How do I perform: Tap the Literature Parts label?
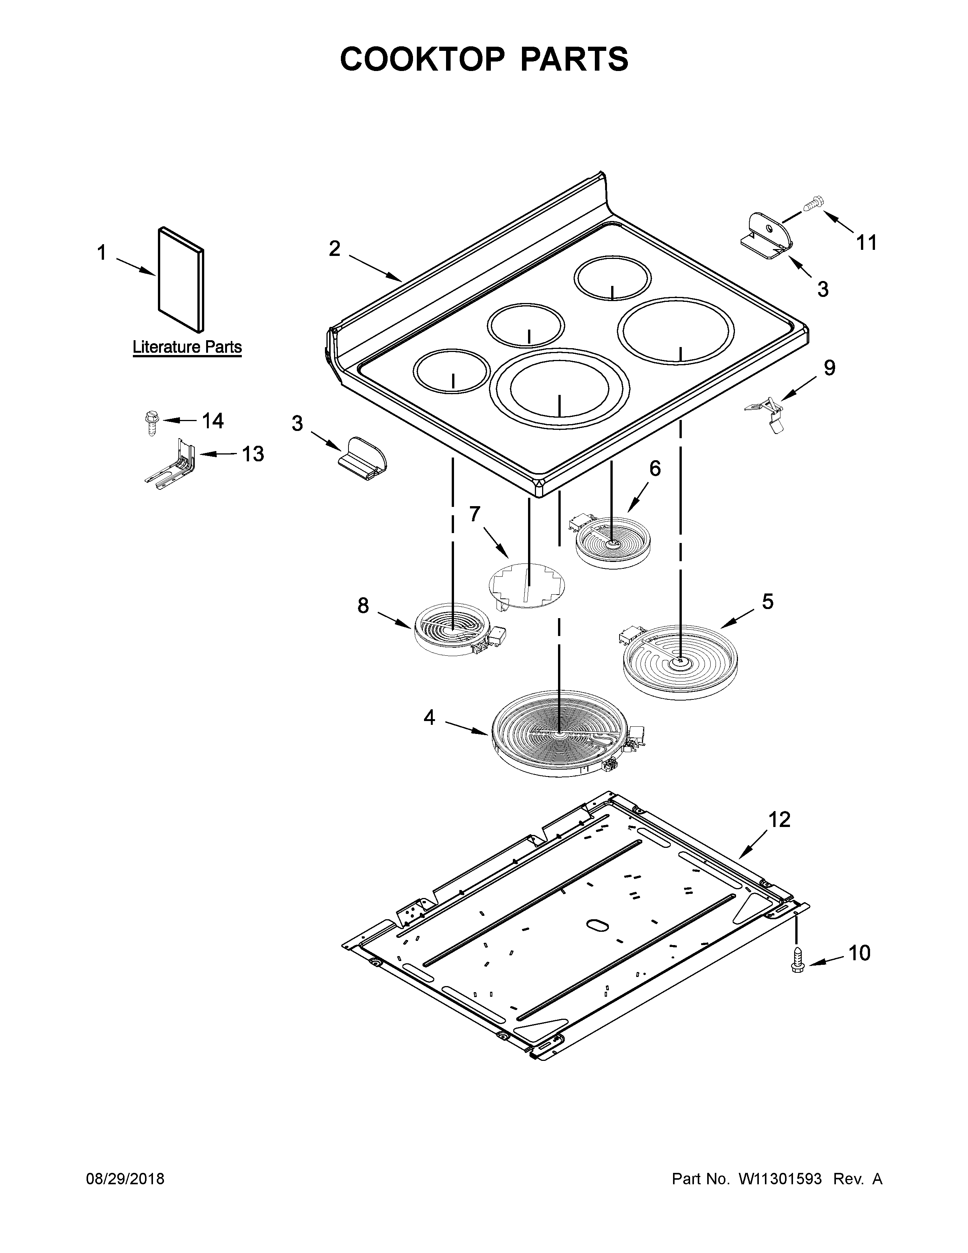click(x=187, y=347)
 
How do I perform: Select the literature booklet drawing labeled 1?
click(x=180, y=279)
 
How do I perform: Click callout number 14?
click(x=212, y=421)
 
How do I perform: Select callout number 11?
click(x=867, y=243)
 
